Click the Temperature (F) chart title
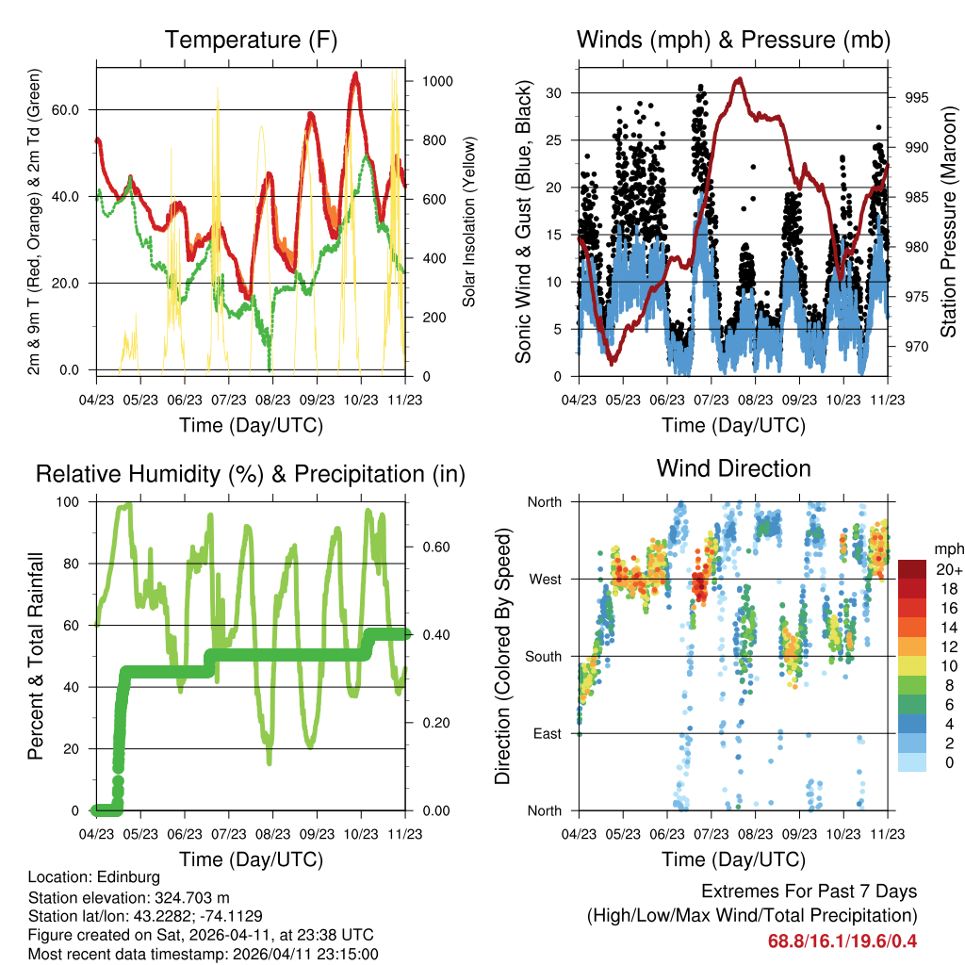[x=251, y=40]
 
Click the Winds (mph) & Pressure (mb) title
[x=733, y=40]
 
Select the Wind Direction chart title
[x=733, y=468]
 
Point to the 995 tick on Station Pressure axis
[x=917, y=97]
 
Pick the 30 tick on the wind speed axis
[x=554, y=92]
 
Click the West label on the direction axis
[x=544, y=579]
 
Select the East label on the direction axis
[x=546, y=733]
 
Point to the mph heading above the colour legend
[x=945, y=548]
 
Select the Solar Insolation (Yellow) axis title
[x=469, y=221]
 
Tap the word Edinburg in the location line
[x=131, y=877]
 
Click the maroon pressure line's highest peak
[x=739, y=79]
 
